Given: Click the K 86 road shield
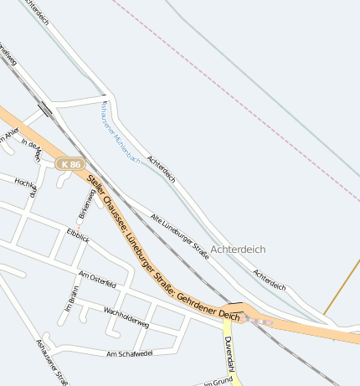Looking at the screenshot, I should (69, 165).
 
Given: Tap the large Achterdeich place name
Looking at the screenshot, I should (238, 250).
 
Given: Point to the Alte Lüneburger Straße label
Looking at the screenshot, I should (179, 234).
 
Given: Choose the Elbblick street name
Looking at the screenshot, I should (78, 237).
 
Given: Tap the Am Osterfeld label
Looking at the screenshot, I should (96, 280).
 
